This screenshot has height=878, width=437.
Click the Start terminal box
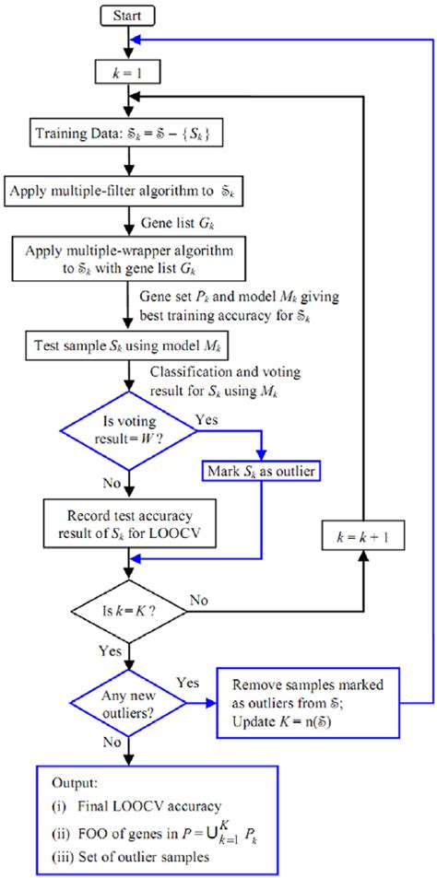tap(129, 16)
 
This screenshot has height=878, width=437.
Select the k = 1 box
tap(129, 71)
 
